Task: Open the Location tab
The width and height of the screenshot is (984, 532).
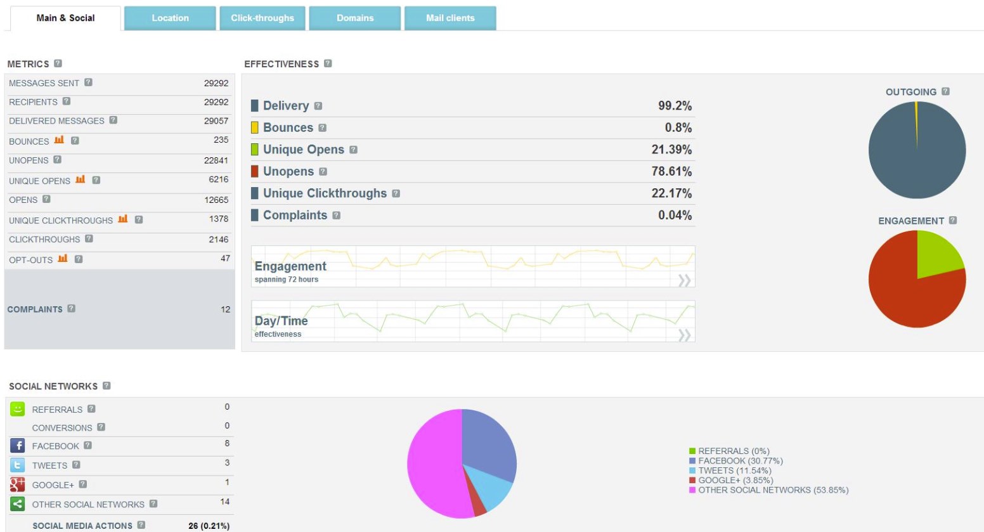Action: pyautogui.click(x=170, y=18)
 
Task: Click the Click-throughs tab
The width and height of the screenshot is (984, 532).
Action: pyautogui.click(x=262, y=18)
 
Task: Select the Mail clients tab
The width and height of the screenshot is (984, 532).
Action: pyautogui.click(x=450, y=18)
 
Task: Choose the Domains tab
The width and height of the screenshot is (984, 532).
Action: pyautogui.click(x=355, y=18)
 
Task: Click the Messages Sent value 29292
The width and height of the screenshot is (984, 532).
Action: pyautogui.click(x=216, y=83)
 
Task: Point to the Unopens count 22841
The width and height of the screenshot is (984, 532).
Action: pyautogui.click(x=216, y=160)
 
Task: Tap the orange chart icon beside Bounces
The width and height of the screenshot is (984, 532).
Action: pyautogui.click(x=59, y=140)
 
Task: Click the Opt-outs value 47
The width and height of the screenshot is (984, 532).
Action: pyautogui.click(x=225, y=259)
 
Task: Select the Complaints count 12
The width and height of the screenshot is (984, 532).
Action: pyautogui.click(x=225, y=309)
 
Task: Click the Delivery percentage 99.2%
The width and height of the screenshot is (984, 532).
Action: pyautogui.click(x=675, y=106)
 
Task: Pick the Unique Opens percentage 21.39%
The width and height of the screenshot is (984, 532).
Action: pyautogui.click(x=671, y=150)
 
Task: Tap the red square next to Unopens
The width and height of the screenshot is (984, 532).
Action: pyautogui.click(x=254, y=171)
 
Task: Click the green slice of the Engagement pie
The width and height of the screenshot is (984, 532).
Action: pyautogui.click(x=936, y=256)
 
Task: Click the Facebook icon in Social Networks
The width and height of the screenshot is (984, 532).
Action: pyautogui.click(x=18, y=446)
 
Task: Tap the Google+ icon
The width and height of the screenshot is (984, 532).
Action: pyautogui.click(x=18, y=485)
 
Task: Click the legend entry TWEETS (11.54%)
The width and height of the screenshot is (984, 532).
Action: pyautogui.click(x=735, y=470)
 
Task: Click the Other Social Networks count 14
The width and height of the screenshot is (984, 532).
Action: pyautogui.click(x=224, y=502)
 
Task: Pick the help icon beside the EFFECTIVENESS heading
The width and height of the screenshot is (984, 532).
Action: pyautogui.click(x=328, y=63)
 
